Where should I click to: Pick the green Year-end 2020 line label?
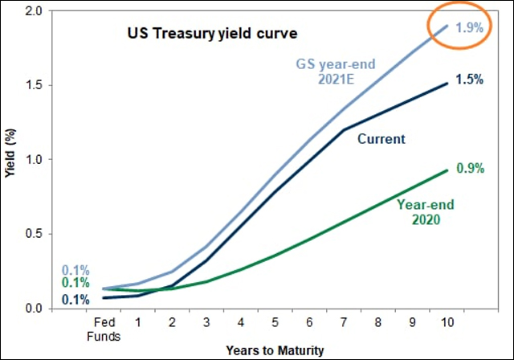click(421, 211)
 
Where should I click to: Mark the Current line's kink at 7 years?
click(345, 129)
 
